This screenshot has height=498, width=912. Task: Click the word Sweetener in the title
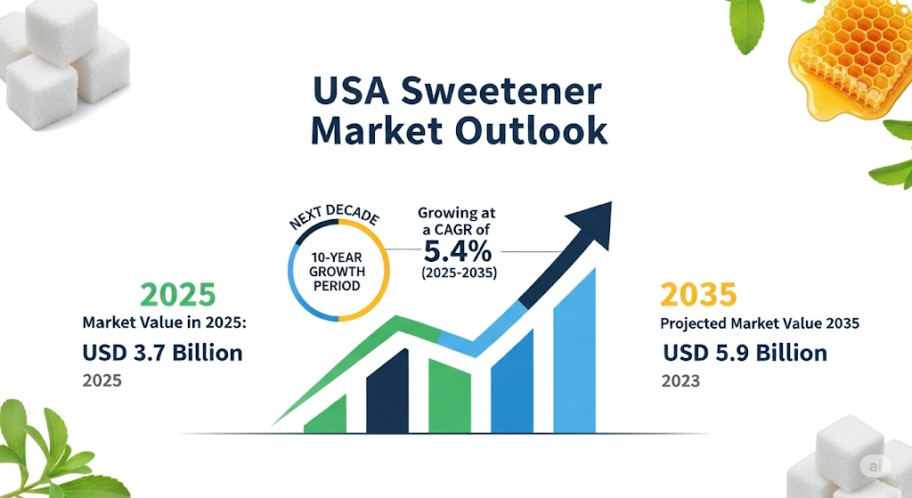tap(501, 91)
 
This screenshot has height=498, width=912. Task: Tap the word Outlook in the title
tap(531, 131)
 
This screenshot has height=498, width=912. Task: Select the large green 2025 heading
tap(178, 295)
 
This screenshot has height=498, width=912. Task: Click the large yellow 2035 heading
tap(698, 295)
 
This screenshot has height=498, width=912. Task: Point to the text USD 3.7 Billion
tap(162, 353)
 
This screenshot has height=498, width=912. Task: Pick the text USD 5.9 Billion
tap(745, 353)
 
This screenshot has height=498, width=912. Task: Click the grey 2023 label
tap(680, 381)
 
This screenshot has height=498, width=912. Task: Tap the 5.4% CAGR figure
tap(458, 252)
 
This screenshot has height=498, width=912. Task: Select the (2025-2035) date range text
tap(459, 273)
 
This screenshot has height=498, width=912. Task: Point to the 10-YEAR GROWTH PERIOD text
tap(337, 272)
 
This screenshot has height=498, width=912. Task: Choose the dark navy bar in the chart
tap(387, 391)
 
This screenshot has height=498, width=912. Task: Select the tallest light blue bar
tap(574, 351)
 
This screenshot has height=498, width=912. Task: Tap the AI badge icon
tap(875, 465)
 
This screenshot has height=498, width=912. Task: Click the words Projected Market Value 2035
tap(760, 322)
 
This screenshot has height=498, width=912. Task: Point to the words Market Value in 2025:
tap(165, 322)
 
